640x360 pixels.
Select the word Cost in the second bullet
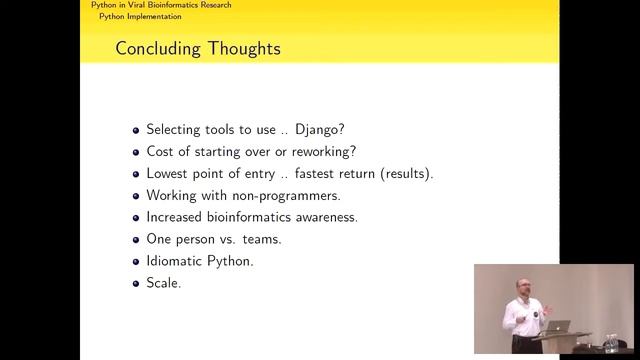pyautogui.click(x=161, y=152)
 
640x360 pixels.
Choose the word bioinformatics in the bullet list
pyautogui.click(x=255, y=218)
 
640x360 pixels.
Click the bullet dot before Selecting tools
pyautogui.click(x=136, y=130)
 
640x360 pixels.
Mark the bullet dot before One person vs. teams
pyautogui.click(x=136, y=240)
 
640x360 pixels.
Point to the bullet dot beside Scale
pyautogui.click(x=136, y=284)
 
